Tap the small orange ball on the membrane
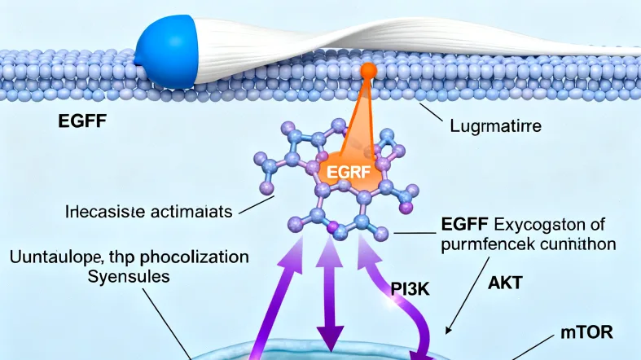[369, 71]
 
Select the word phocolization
[195, 257]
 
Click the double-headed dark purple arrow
[331, 301]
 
